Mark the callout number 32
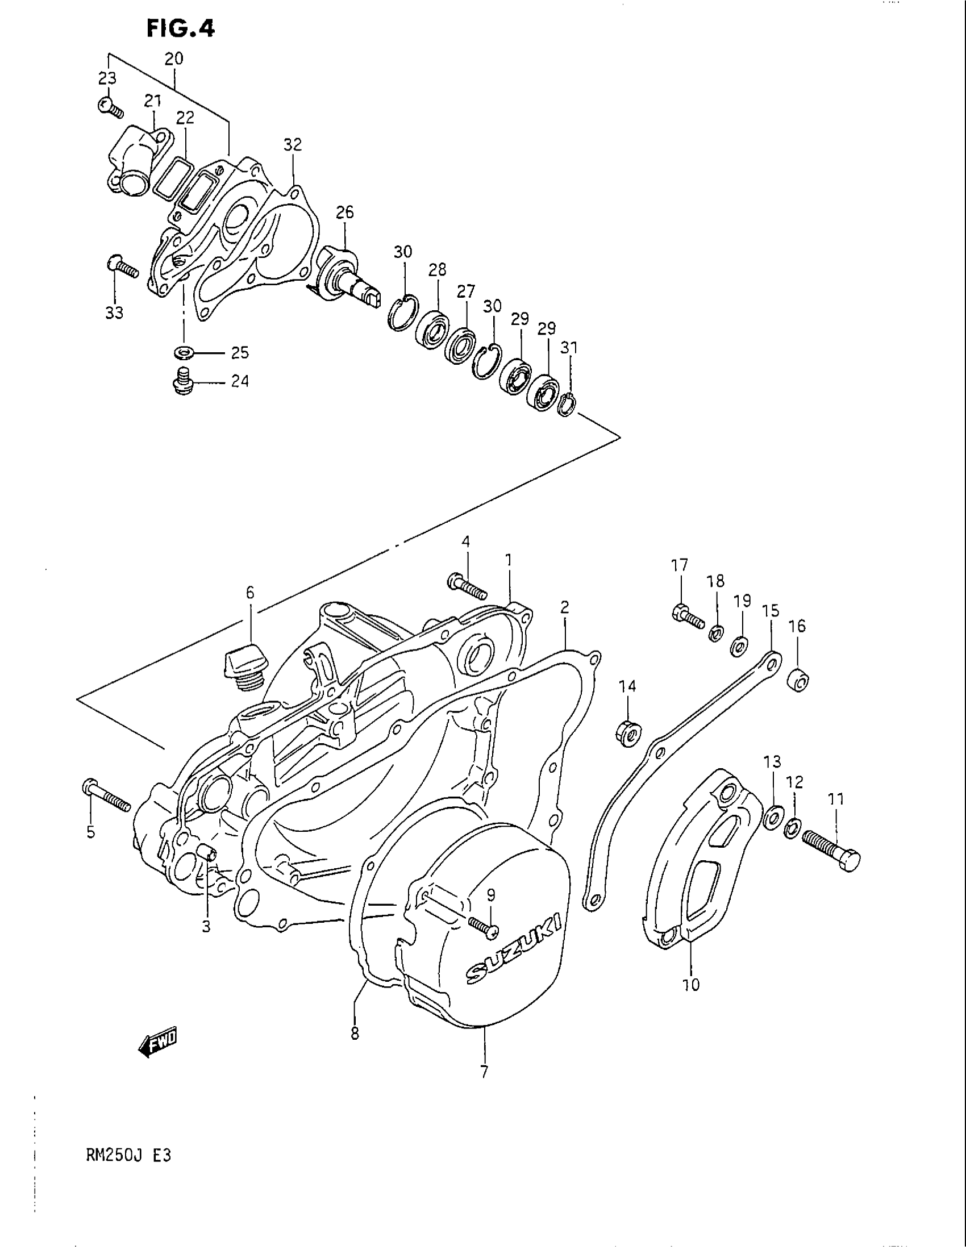293,145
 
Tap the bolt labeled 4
467,584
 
